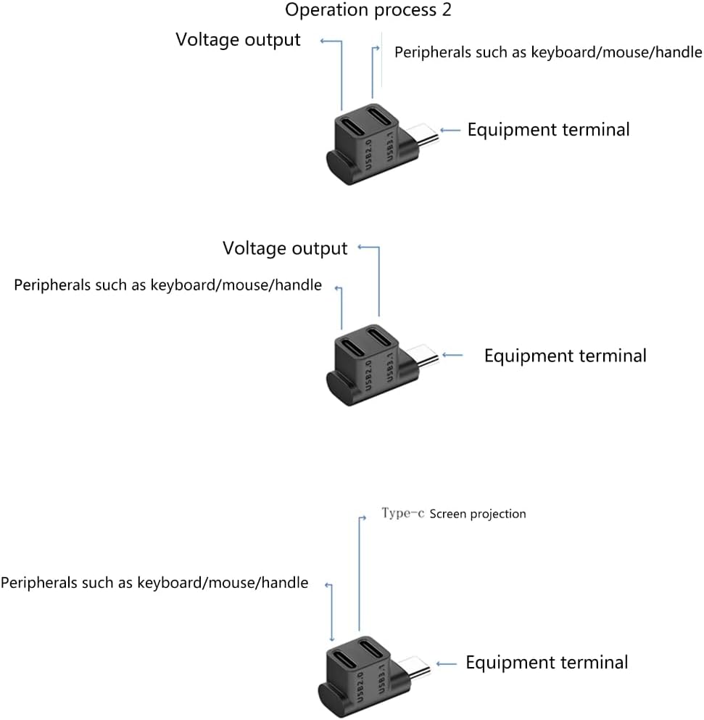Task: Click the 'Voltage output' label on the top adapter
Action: (238, 40)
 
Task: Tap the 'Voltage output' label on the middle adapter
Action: (285, 249)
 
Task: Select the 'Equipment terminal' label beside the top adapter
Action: (548, 130)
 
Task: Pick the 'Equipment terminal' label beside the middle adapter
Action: (565, 356)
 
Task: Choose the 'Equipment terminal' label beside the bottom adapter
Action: (547, 663)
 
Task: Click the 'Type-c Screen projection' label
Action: (453, 514)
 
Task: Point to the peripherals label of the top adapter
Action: (547, 52)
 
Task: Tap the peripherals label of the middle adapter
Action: (167, 285)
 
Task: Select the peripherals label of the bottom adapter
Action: (154, 583)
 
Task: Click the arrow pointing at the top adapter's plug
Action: (450, 131)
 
